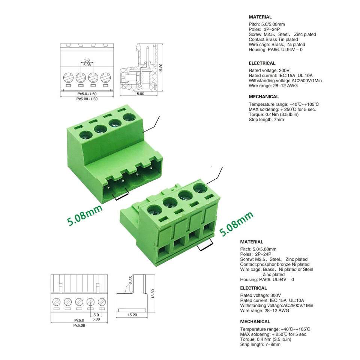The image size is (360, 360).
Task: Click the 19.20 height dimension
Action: click(x=161, y=68)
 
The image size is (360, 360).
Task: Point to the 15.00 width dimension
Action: click(x=139, y=94)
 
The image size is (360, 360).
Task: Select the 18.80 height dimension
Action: click(x=153, y=294)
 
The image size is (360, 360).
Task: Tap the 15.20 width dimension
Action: click(x=132, y=315)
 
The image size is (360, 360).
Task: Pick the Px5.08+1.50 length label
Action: click(x=87, y=99)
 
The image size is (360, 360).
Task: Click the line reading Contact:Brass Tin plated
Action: click(x=273, y=39)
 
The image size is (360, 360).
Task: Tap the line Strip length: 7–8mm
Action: click(x=260, y=344)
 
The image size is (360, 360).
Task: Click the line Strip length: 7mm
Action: click(x=266, y=120)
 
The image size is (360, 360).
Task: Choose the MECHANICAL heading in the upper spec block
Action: click(x=264, y=97)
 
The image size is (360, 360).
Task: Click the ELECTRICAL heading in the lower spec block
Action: click(x=253, y=288)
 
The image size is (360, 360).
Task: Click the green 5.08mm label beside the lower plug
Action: click(x=236, y=224)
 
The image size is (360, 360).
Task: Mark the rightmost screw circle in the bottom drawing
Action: click(x=102, y=301)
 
